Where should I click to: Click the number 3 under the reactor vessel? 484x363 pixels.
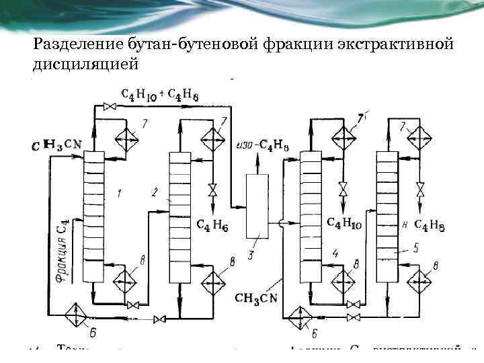point(251,254)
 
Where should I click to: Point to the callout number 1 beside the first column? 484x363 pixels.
point(119,194)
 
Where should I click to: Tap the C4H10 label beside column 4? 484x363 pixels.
point(341,223)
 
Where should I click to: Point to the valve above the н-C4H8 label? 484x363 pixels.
point(419,190)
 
